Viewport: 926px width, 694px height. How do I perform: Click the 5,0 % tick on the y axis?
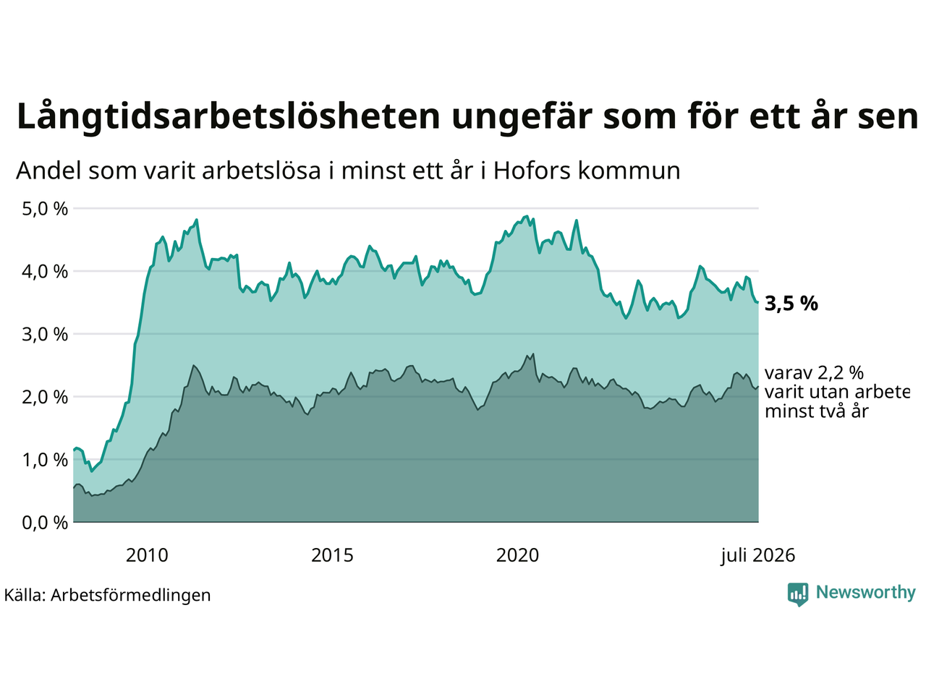pyautogui.click(x=45, y=209)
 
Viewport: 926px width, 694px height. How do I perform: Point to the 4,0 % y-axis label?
pyautogui.click(x=45, y=272)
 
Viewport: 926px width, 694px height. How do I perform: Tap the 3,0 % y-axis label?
pyautogui.click(x=45, y=335)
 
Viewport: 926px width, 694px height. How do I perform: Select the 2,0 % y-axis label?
pyautogui.click(x=45, y=398)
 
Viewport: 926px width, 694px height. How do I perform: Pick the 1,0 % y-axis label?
pyautogui.click(x=45, y=460)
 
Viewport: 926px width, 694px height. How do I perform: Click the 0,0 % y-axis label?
pyautogui.click(x=45, y=523)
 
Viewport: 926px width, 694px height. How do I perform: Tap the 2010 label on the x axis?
pyautogui.click(x=147, y=556)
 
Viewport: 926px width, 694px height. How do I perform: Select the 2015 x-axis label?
pyautogui.click(x=332, y=556)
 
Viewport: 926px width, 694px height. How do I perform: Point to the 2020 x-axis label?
pyautogui.click(x=517, y=556)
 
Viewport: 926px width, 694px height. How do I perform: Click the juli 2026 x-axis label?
pyautogui.click(x=757, y=556)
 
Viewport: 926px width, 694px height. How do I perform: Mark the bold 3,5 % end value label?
pyautogui.click(x=791, y=304)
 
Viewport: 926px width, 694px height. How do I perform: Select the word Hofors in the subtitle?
pyautogui.click(x=531, y=171)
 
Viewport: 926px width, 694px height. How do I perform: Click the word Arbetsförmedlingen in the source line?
pyautogui.click(x=130, y=596)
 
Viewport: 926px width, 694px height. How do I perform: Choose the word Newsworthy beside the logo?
pyautogui.click(x=866, y=593)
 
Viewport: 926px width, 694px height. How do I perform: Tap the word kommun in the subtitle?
pyautogui.click(x=629, y=171)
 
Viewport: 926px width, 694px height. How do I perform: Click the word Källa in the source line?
pyautogui.click(x=25, y=595)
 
